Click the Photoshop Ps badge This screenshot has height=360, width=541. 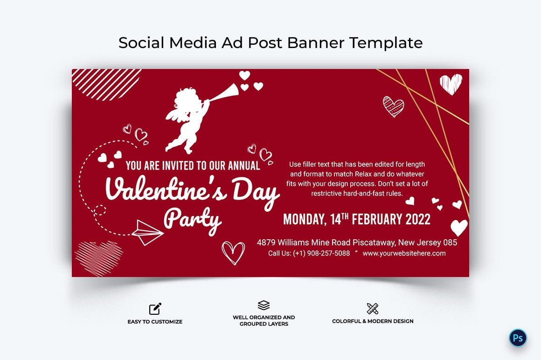(x=518, y=338)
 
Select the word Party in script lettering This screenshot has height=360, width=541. (x=192, y=220)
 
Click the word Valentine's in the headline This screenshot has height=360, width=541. (x=166, y=188)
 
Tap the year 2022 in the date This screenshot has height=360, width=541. (x=418, y=219)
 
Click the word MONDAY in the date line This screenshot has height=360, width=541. (x=304, y=220)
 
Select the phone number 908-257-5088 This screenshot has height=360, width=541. (x=328, y=253)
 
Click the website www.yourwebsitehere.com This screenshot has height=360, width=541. (x=404, y=253)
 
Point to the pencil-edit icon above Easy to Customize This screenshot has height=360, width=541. (x=155, y=309)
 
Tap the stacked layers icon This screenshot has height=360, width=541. (x=264, y=305)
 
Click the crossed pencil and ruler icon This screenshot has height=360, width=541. (x=373, y=308)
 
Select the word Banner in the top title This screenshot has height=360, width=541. (x=316, y=43)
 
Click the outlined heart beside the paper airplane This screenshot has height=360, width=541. (x=233, y=253)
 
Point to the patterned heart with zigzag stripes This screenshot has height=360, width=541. (x=393, y=106)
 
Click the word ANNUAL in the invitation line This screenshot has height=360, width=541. (x=244, y=166)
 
